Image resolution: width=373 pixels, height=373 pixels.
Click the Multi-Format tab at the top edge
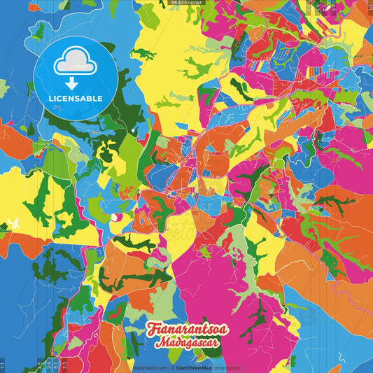(x=186, y=3)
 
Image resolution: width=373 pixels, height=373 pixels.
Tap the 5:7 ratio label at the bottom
(x=56, y=365)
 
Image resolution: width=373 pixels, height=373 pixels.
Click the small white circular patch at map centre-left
(x=114, y=217)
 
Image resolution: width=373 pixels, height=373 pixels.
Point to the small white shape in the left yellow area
(x=12, y=224)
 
